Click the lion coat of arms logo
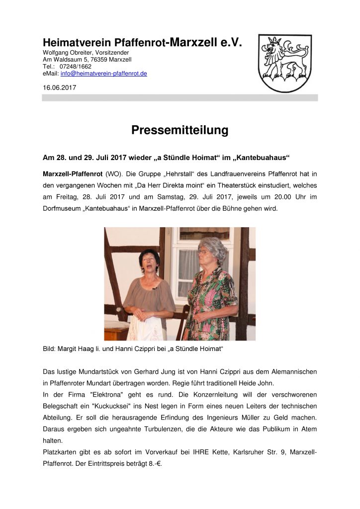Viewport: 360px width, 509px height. coord(284,63)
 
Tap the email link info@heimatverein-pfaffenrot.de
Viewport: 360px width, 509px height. coord(103,74)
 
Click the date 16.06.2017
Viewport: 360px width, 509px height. coord(60,87)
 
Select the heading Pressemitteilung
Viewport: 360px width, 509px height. coord(180,130)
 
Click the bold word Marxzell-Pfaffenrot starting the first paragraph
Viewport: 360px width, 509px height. coord(73,174)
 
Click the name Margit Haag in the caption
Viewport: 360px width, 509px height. coord(79,349)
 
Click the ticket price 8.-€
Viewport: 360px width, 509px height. coord(154,464)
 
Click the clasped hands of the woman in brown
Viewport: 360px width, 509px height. coord(143,314)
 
